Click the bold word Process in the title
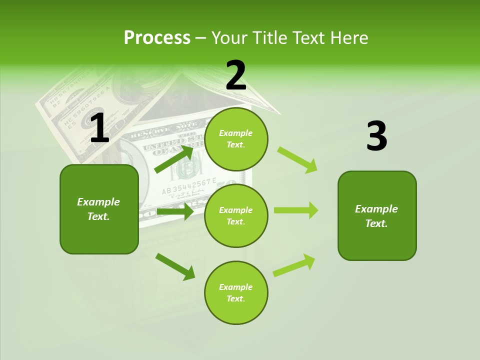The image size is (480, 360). tap(157, 38)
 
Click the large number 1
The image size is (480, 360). tap(99, 128)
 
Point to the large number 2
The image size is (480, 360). tap(236, 75)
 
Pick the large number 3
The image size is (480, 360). tap(376, 136)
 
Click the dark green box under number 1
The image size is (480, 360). tap(99, 209)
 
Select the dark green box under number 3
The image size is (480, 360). tap(377, 216)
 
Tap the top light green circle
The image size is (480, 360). tap(236, 139)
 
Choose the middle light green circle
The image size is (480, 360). tap(236, 216)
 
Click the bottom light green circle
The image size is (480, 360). tap(236, 293)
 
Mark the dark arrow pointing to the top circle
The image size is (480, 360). tap(174, 158)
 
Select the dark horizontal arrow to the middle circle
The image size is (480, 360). tap(175, 211)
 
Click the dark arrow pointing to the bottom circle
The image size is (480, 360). tap(175, 266)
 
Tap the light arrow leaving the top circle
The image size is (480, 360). tap(297, 159)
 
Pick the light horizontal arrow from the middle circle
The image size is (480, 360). tap(296, 210)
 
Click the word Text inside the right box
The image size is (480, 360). tap(376, 223)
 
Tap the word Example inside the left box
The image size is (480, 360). tap(98, 202)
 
